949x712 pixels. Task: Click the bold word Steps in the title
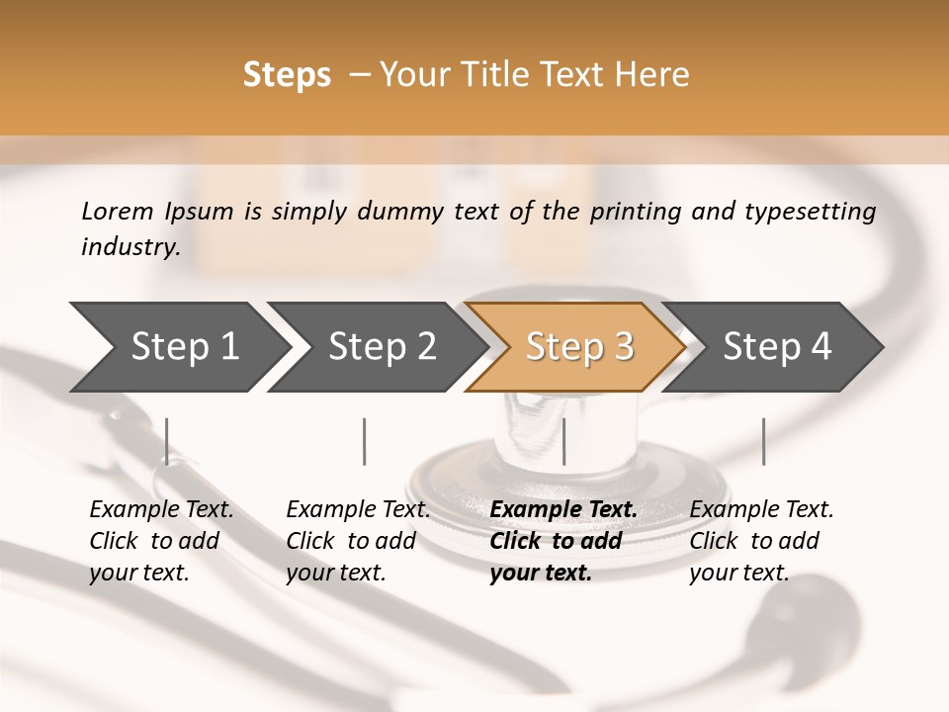[287, 75]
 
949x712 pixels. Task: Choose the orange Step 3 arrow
[579, 346]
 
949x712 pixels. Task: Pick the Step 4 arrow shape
[777, 346]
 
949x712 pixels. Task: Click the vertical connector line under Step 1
[167, 441]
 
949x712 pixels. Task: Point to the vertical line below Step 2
[365, 441]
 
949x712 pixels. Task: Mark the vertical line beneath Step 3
[564, 441]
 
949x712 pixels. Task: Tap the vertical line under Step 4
[764, 441]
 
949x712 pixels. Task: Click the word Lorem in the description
[118, 211]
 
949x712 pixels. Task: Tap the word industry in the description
[130, 247]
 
